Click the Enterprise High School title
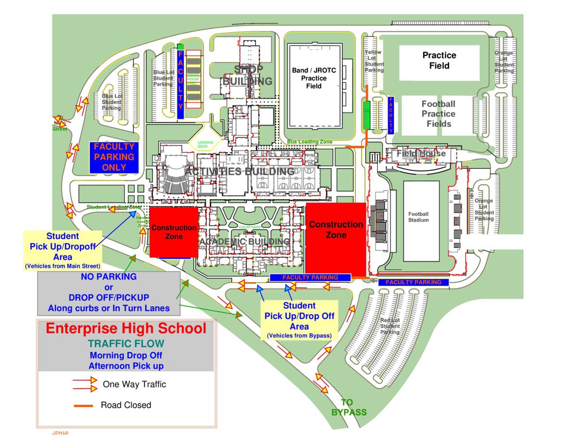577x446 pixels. click(126, 329)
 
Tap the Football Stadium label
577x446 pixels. click(418, 217)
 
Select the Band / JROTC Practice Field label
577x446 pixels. click(314, 78)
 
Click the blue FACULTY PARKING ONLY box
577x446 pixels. click(113, 157)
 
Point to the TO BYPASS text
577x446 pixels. click(348, 407)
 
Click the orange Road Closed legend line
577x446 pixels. click(83, 406)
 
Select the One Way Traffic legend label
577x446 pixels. click(134, 384)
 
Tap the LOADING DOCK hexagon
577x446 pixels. click(205, 144)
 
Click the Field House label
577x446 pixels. click(421, 153)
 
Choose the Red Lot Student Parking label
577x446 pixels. click(389, 326)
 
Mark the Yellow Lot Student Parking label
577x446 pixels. click(374, 61)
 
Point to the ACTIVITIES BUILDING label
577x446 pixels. click(239, 172)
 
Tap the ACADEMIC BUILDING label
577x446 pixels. click(245, 241)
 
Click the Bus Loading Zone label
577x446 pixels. click(310, 142)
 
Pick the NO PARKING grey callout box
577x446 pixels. click(109, 292)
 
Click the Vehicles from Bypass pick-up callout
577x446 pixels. click(299, 319)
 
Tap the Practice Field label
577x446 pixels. click(439, 60)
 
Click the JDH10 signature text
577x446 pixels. click(61, 433)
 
